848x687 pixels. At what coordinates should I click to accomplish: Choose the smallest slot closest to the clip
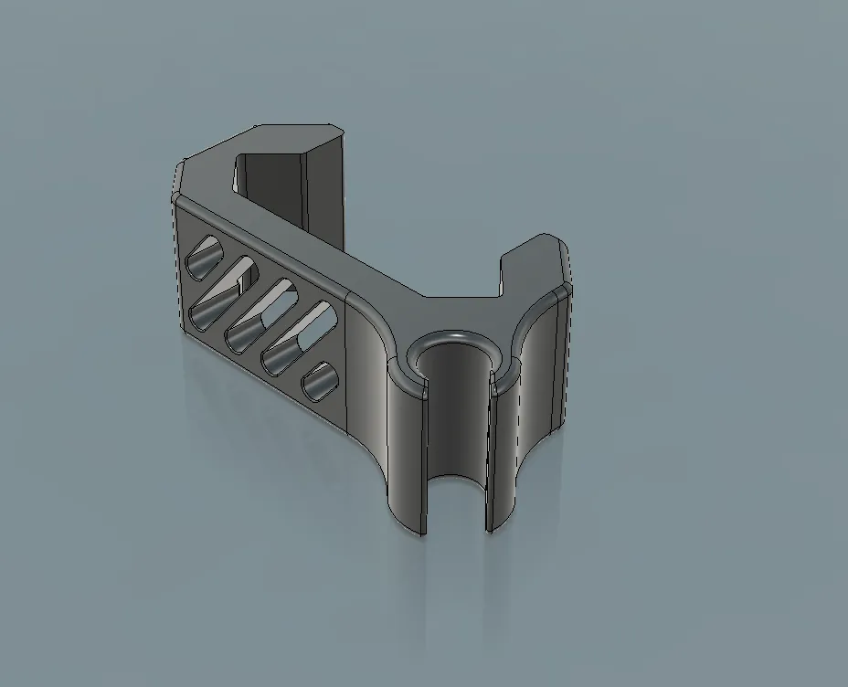320,381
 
